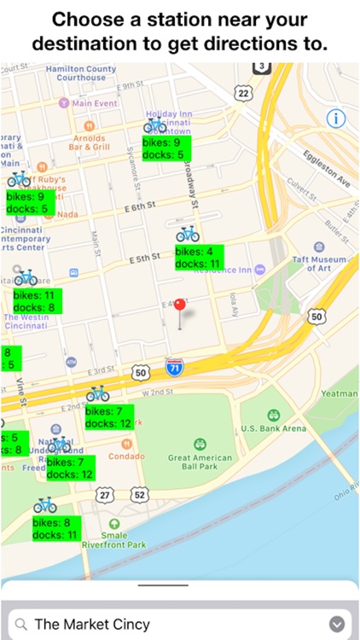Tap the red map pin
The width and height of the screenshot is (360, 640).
(x=179, y=305)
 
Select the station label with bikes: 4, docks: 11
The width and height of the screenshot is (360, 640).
(x=199, y=258)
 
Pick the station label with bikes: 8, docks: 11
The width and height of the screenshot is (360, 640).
(x=57, y=529)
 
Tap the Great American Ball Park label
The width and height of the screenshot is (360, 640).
(x=200, y=463)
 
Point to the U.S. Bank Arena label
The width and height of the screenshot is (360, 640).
(x=273, y=428)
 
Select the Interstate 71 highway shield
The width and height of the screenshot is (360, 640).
(x=172, y=367)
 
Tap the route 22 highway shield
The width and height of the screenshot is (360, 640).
(x=244, y=92)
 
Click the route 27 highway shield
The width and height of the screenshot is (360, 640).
(x=103, y=494)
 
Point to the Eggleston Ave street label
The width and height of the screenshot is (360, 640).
(x=323, y=165)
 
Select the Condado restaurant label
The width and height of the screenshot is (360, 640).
(x=125, y=455)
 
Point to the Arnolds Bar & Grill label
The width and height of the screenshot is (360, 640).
(x=89, y=142)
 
